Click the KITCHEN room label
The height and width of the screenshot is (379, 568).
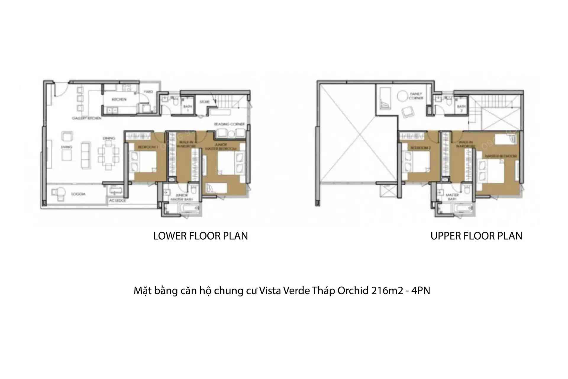119,99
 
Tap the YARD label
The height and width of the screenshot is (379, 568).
148,92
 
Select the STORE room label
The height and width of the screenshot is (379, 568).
204,102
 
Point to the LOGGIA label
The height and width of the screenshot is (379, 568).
78,194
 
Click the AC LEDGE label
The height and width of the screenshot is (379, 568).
117,201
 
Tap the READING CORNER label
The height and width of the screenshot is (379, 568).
229,124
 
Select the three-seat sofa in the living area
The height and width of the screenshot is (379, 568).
86,155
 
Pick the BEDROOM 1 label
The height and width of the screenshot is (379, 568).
148,147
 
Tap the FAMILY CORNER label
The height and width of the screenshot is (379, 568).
416,96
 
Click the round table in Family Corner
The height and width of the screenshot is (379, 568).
402,96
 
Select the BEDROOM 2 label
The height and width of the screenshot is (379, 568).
420,148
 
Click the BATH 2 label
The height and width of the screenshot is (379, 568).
461,108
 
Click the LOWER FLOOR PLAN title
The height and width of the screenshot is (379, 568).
201,236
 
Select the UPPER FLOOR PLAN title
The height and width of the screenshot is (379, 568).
476,236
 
